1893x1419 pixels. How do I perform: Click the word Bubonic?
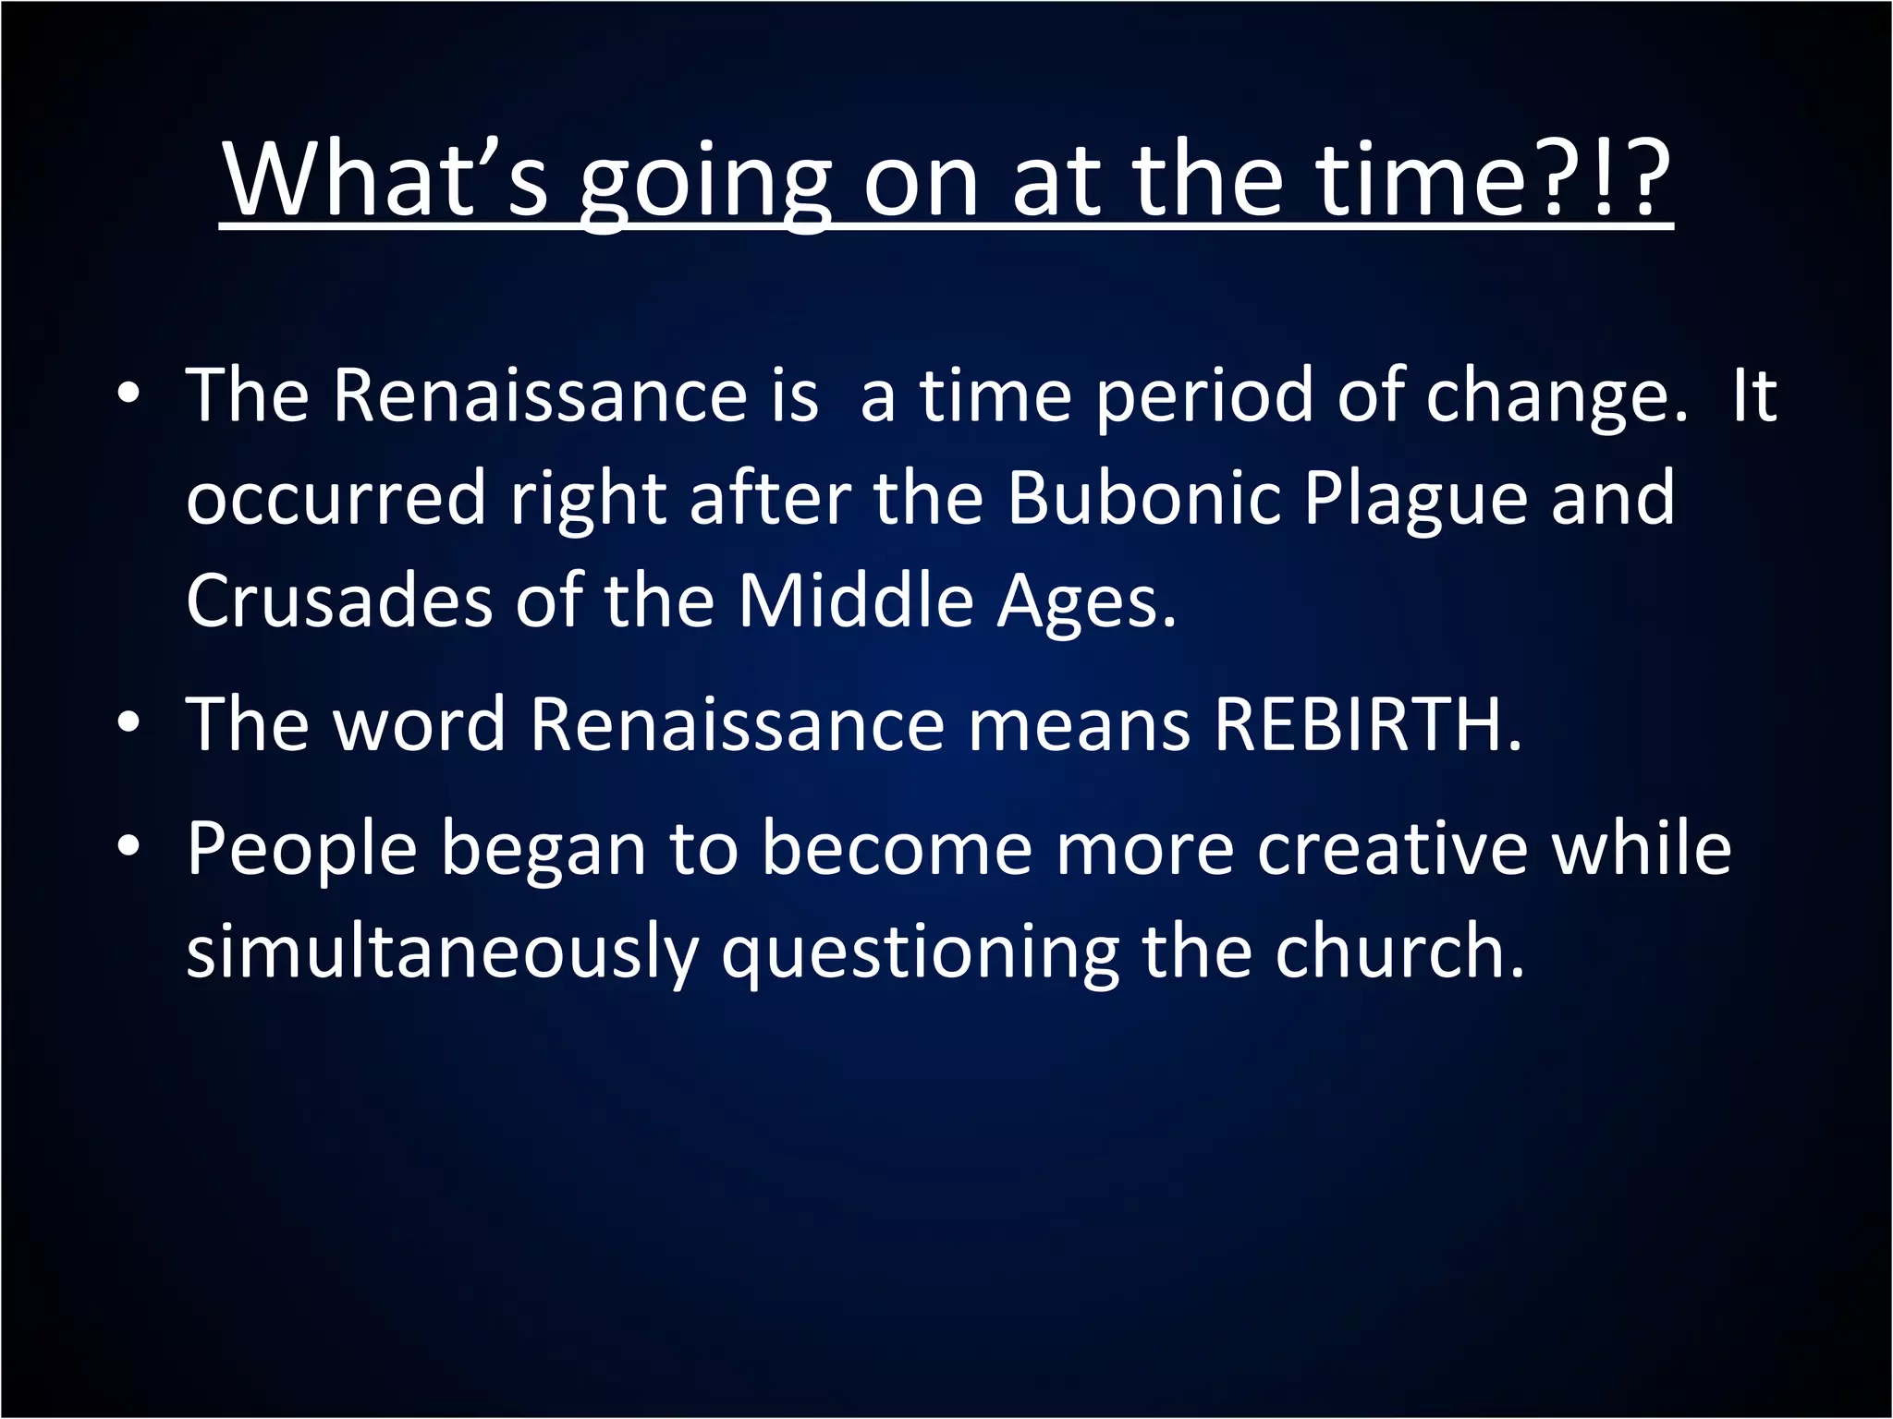click(x=1143, y=498)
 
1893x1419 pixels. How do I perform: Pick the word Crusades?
click(x=338, y=601)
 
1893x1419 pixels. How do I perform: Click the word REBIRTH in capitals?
click(x=1367, y=724)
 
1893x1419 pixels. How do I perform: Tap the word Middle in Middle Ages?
click(x=856, y=601)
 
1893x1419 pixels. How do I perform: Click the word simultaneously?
click(x=442, y=954)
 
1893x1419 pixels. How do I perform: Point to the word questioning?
click(x=921, y=954)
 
